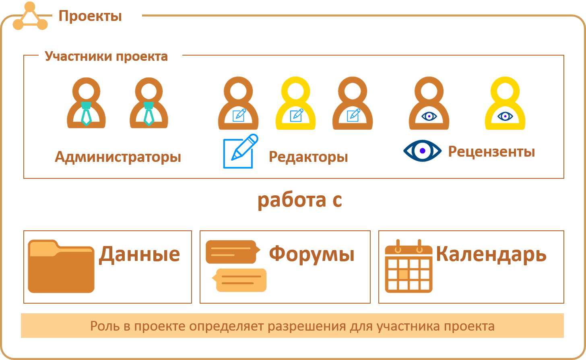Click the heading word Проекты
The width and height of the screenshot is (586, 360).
pyautogui.click(x=90, y=16)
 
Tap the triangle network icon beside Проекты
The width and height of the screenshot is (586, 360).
pyautogui.click(x=30, y=17)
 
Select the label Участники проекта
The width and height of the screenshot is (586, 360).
pyautogui.click(x=106, y=56)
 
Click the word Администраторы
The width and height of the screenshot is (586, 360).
pyautogui.click(x=118, y=157)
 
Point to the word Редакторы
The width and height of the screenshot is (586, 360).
pyautogui.click(x=308, y=157)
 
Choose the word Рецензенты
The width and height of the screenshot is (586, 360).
pyautogui.click(x=491, y=152)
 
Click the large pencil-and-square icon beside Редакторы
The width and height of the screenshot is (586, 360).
pyautogui.click(x=240, y=151)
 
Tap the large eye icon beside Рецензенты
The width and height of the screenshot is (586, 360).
pyautogui.click(x=422, y=151)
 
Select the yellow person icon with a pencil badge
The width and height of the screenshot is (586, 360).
pyautogui.click(x=296, y=104)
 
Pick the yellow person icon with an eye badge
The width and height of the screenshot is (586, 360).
pyautogui.click(x=505, y=104)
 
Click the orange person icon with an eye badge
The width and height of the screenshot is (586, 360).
pyautogui.click(x=429, y=104)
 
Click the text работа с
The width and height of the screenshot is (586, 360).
pyautogui.click(x=299, y=200)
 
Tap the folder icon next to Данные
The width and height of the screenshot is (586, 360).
pyautogui.click(x=61, y=266)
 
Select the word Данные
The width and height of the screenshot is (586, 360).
pyautogui.click(x=139, y=254)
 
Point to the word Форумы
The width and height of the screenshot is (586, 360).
pyautogui.click(x=312, y=254)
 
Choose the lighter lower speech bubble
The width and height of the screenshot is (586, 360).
pyautogui.click(x=240, y=280)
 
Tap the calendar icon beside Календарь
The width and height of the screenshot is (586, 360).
pyautogui.click(x=409, y=267)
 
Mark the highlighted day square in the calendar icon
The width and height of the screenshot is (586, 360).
pyautogui.click(x=403, y=274)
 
